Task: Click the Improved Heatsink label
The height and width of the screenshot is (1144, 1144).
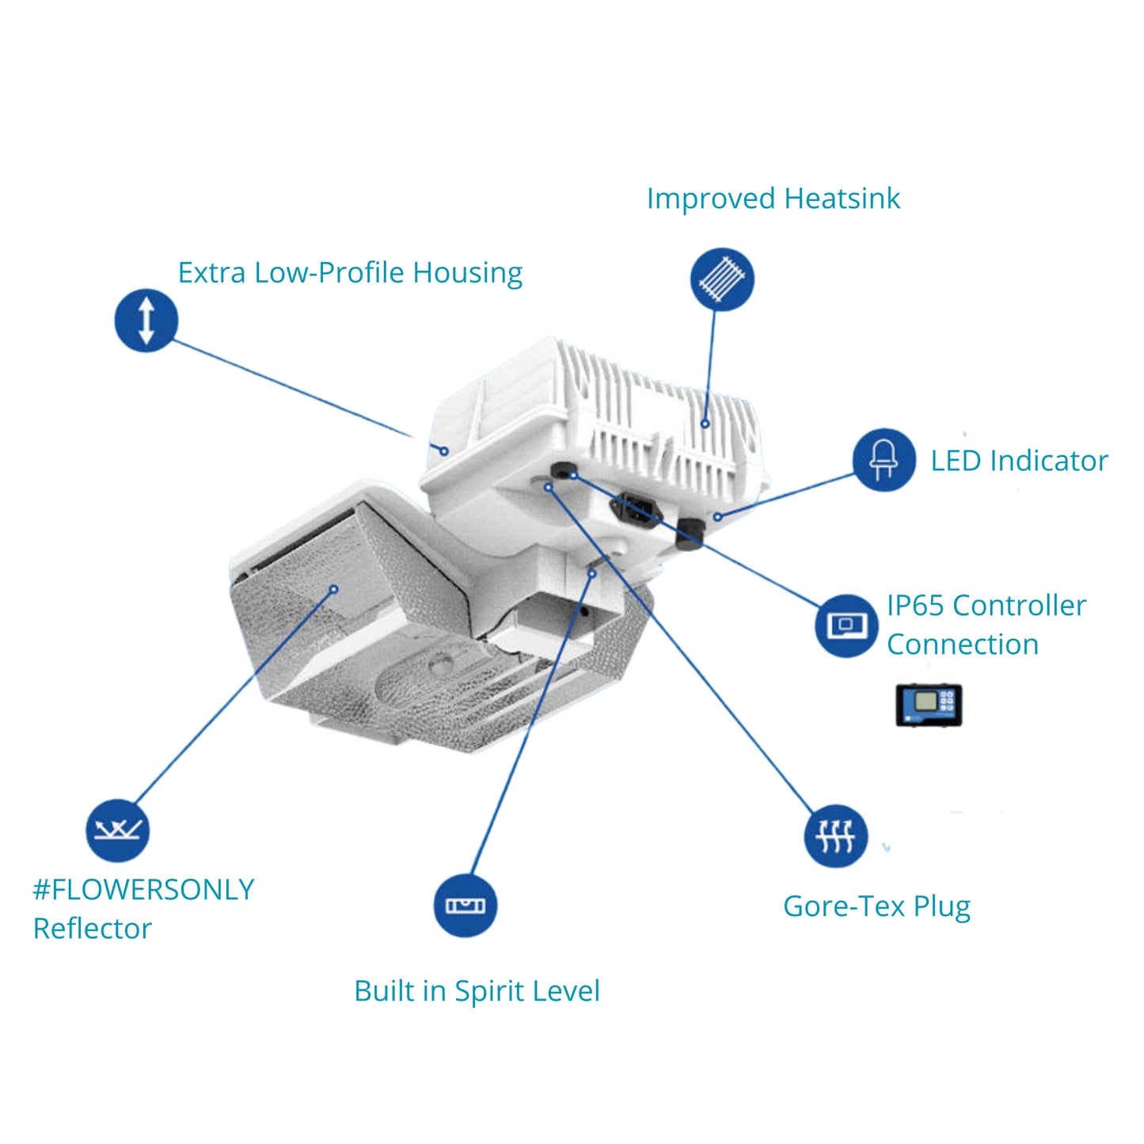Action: tap(773, 199)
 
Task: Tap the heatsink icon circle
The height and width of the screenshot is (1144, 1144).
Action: tap(721, 279)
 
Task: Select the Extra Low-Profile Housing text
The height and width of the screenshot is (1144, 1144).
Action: tap(350, 273)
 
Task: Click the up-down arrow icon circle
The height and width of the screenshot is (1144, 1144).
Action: tap(146, 320)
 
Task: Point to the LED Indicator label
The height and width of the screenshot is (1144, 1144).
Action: tap(1019, 461)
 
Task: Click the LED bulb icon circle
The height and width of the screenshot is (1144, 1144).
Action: tap(884, 460)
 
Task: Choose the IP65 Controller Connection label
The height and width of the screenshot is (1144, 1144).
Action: tap(986, 625)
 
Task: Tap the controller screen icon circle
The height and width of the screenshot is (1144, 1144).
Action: tap(846, 625)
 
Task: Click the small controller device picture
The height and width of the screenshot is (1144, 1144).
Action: tap(929, 705)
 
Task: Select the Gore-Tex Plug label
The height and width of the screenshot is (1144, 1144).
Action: tap(876, 906)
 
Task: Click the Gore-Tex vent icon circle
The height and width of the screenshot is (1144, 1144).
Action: tap(836, 836)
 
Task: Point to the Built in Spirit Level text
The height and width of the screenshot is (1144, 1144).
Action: tap(477, 991)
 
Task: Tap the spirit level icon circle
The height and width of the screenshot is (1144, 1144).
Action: tap(466, 906)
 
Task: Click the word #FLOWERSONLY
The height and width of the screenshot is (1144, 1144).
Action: tap(143, 890)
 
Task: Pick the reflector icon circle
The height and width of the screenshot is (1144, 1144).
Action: tap(117, 830)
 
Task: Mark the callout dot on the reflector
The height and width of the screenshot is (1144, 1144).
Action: tap(334, 590)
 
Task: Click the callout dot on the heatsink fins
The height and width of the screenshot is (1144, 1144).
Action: tap(705, 424)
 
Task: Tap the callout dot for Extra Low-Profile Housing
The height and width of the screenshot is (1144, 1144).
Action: tap(445, 451)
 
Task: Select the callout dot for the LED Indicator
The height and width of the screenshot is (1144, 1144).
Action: tap(717, 517)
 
